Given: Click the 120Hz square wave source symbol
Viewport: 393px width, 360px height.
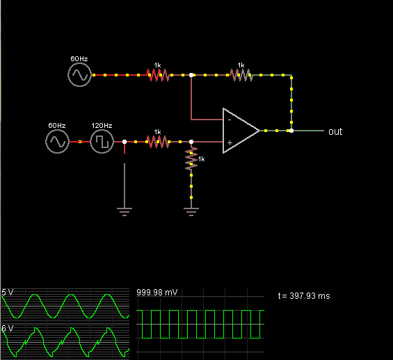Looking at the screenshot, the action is pos(102,142).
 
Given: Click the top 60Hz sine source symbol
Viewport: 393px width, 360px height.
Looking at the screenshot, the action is pos(80,75).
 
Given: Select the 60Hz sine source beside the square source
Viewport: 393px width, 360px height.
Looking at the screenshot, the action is pos(58,142).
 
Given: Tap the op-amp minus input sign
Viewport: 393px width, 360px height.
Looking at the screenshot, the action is pos(230,120).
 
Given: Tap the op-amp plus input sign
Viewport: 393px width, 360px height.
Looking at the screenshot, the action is pos(230,142).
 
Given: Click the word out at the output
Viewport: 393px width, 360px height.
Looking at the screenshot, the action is pos(335,131).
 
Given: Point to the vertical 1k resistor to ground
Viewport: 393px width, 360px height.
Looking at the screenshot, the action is pos(191,158).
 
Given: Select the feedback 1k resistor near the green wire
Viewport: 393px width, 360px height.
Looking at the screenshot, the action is pos(241,75).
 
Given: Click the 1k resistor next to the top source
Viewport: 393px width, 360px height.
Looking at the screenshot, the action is pos(158,75).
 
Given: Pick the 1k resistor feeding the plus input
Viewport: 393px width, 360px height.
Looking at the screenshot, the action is pos(158,142).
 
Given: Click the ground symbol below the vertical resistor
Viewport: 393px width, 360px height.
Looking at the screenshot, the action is pos(191,211).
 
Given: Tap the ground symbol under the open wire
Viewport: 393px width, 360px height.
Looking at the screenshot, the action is pos(125,211).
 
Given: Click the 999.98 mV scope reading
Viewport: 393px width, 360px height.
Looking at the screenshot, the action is pos(157,292).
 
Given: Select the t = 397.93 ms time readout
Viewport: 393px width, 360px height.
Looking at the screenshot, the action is pos(304,296).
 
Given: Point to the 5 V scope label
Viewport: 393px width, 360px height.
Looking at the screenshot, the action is pos(7,292).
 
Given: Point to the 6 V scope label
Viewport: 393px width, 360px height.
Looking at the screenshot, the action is pos(7,328).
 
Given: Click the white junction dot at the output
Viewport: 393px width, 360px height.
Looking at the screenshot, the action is pos(291,131).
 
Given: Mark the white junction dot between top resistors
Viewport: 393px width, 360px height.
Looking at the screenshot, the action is pos(191,75).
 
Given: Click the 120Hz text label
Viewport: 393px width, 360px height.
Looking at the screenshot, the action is pos(102,125).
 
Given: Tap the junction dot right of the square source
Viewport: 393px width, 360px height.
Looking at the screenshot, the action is pos(125,142).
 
